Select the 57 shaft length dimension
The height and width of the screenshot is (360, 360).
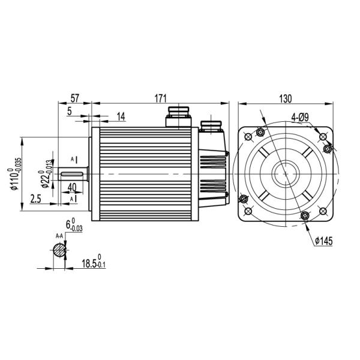point(74,97)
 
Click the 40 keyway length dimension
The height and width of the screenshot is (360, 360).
point(71,187)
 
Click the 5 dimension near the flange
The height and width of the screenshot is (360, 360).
point(70,111)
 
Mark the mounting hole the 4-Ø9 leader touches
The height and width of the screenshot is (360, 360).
point(326,148)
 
